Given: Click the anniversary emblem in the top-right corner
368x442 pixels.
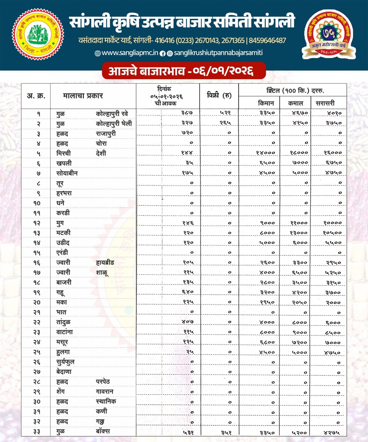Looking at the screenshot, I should pyautogui.click(x=329, y=34).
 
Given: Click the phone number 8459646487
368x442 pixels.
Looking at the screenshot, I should pyautogui.click(x=267, y=41).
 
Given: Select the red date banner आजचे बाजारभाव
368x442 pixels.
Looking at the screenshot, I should pyautogui.click(x=184, y=71).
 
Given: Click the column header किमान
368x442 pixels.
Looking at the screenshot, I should pyautogui.click(x=266, y=103).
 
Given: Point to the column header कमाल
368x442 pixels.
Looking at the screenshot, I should pyautogui.click(x=295, y=103).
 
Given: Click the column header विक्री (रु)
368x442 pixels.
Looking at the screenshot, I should pyautogui.click(x=219, y=95).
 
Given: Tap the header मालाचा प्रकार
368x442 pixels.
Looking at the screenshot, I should pyautogui.click(x=83, y=96).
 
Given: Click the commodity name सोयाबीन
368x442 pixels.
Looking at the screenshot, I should pyautogui.click(x=67, y=173).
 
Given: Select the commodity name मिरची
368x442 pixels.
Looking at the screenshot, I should pyautogui.click(x=63, y=153).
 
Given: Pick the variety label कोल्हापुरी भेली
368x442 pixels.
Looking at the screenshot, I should pyautogui.click(x=114, y=123).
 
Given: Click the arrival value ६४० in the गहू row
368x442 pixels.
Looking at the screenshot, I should pyautogui.click(x=188, y=292).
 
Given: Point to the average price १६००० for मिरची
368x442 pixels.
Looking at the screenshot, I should pyautogui.click(x=333, y=152).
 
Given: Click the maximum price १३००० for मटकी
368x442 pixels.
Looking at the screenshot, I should pyautogui.click(x=299, y=233).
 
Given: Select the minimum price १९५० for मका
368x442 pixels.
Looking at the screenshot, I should pyautogui.click(x=267, y=302).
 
